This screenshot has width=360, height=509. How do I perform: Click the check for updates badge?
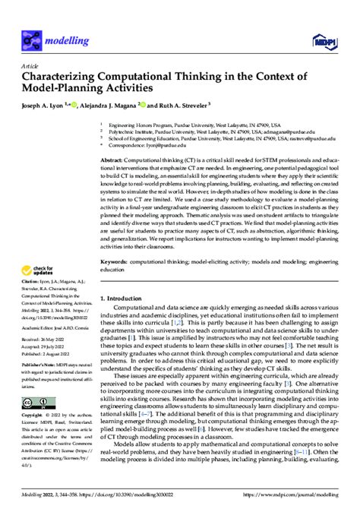click(36, 250)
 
